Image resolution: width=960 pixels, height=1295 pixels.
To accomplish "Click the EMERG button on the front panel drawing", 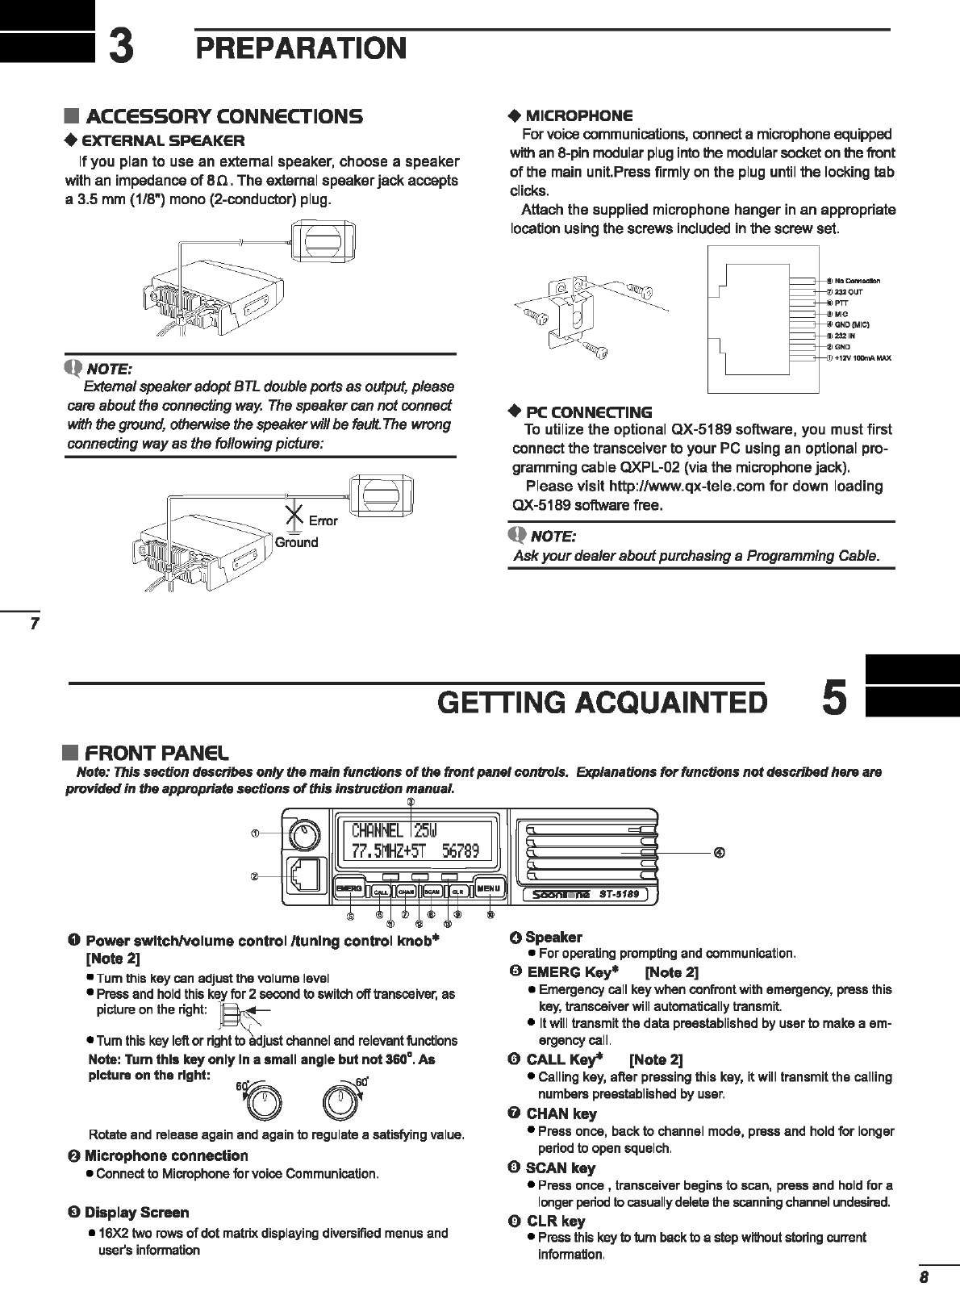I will pos(349,888).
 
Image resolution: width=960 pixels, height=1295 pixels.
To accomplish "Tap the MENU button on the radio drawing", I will pos(488,888).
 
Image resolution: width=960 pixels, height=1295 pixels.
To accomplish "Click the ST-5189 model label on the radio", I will pos(619,894).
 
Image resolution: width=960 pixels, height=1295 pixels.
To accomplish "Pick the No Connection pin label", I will pos(853,281).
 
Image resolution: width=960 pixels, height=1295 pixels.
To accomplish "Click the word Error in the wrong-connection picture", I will pos(323,521).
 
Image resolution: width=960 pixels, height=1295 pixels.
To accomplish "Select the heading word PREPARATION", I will pos(301,48).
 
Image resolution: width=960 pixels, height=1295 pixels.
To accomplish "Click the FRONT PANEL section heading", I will pos(157,754).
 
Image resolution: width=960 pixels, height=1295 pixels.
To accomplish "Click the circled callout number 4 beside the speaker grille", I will pos(718,852).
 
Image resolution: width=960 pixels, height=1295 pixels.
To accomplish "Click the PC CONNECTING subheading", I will pos(588,412).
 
